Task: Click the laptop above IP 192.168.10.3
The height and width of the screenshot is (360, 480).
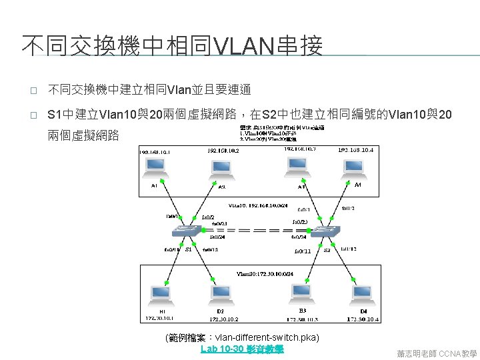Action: pos(297,167)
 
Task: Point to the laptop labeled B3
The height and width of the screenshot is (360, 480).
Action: pos(299,294)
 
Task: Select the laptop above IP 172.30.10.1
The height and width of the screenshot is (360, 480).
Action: pos(162,294)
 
